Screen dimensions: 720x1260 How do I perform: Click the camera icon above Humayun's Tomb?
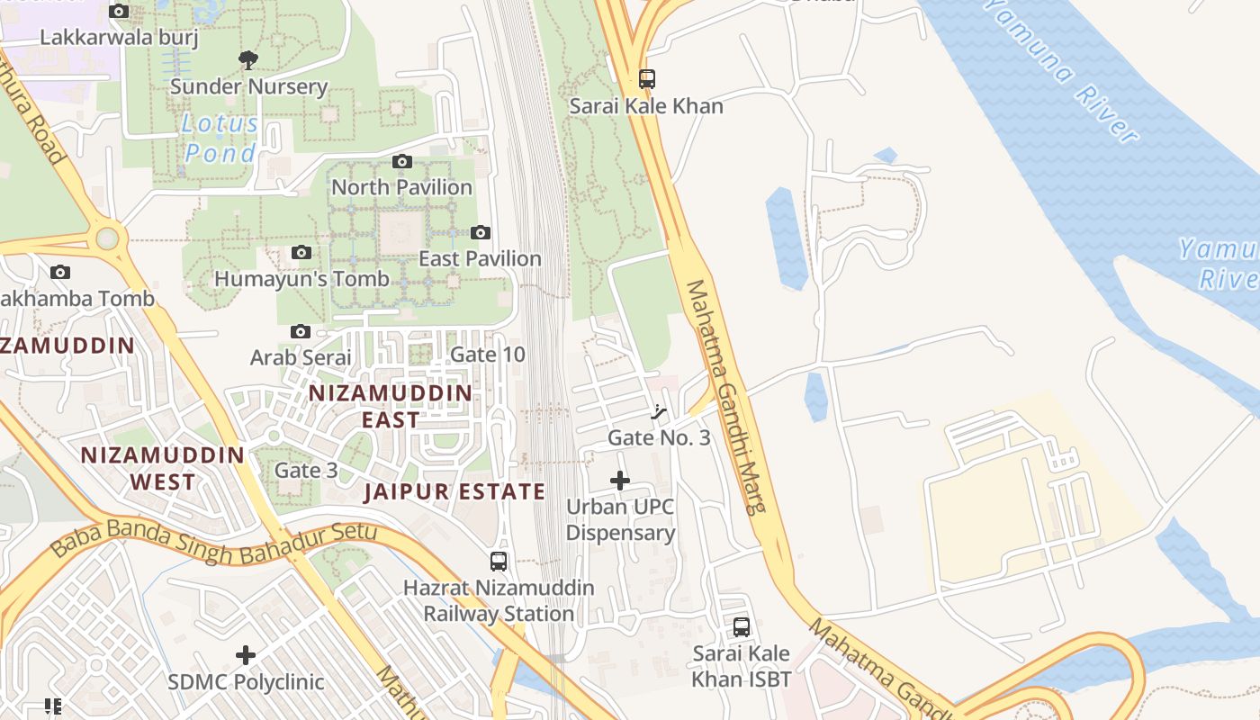coord(301,253)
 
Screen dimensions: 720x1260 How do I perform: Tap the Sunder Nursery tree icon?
coord(247,60)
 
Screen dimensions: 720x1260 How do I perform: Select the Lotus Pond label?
coord(220,138)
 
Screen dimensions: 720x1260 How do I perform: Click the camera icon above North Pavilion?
coord(402,162)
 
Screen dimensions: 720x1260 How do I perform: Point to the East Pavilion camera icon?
coord(481,233)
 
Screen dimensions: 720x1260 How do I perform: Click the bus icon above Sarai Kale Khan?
coord(646,79)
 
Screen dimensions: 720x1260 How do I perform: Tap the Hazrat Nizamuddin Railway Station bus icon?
coord(499,562)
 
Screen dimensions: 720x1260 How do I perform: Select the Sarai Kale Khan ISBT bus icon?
coord(742,627)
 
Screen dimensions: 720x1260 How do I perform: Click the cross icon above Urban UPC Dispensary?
coord(620,481)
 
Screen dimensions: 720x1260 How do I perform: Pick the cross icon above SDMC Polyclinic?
coord(245,655)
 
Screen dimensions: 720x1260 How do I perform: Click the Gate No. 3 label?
coord(659,438)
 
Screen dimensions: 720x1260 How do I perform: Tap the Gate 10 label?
coord(487,355)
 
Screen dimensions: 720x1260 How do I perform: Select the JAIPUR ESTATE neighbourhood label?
coord(454,491)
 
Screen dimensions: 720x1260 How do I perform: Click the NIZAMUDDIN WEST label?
coord(162,468)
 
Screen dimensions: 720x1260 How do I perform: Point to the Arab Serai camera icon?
coord(301,332)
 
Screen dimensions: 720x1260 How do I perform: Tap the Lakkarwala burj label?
coord(120,38)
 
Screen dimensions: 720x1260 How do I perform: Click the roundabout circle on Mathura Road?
coord(108,238)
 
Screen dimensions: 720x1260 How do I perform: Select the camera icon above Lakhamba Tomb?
coord(60,273)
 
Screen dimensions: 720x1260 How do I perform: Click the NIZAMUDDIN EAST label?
coord(391,406)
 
